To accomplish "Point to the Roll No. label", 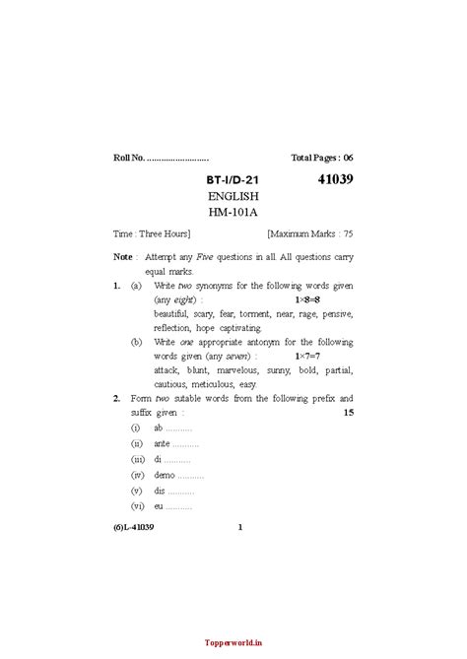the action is click(x=129, y=158).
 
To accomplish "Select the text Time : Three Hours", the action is click(x=152, y=234).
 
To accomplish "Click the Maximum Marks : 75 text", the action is click(x=309, y=234).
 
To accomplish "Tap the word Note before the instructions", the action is click(x=123, y=256).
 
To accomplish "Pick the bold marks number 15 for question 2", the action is click(x=347, y=413).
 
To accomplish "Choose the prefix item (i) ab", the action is click(x=161, y=429).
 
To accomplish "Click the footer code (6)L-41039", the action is click(x=134, y=527).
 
